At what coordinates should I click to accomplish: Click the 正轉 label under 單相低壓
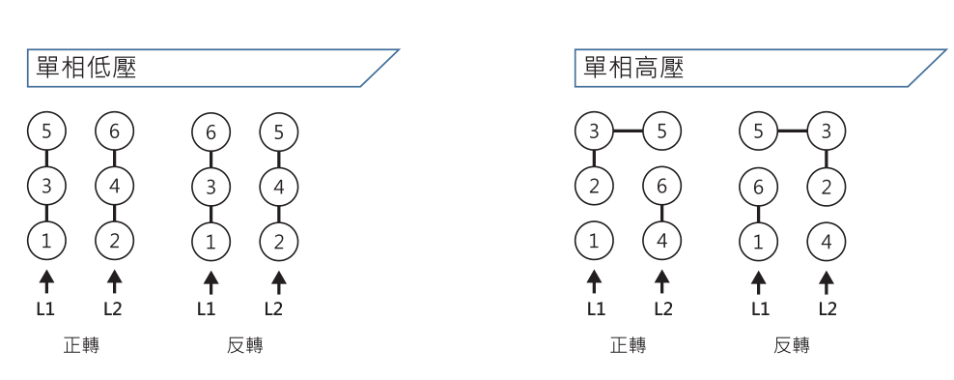tap(80, 345)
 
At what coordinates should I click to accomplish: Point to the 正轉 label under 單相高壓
tap(628, 345)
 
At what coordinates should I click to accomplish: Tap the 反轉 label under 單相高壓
tap(793, 345)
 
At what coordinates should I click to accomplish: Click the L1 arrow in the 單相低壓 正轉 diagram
tap(46, 280)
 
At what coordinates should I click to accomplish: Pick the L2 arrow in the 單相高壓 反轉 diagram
tap(827, 280)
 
